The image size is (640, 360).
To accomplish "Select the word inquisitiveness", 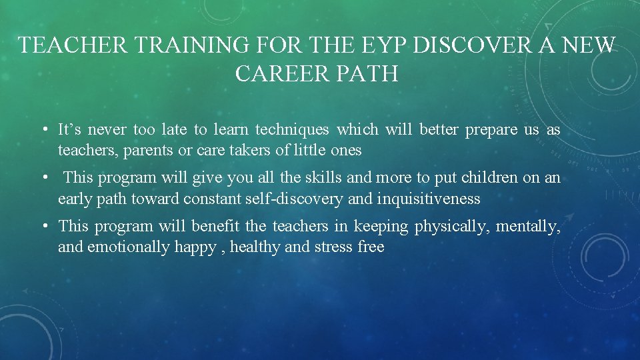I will click(x=428, y=199).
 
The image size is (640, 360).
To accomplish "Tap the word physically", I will click(x=451, y=227).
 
